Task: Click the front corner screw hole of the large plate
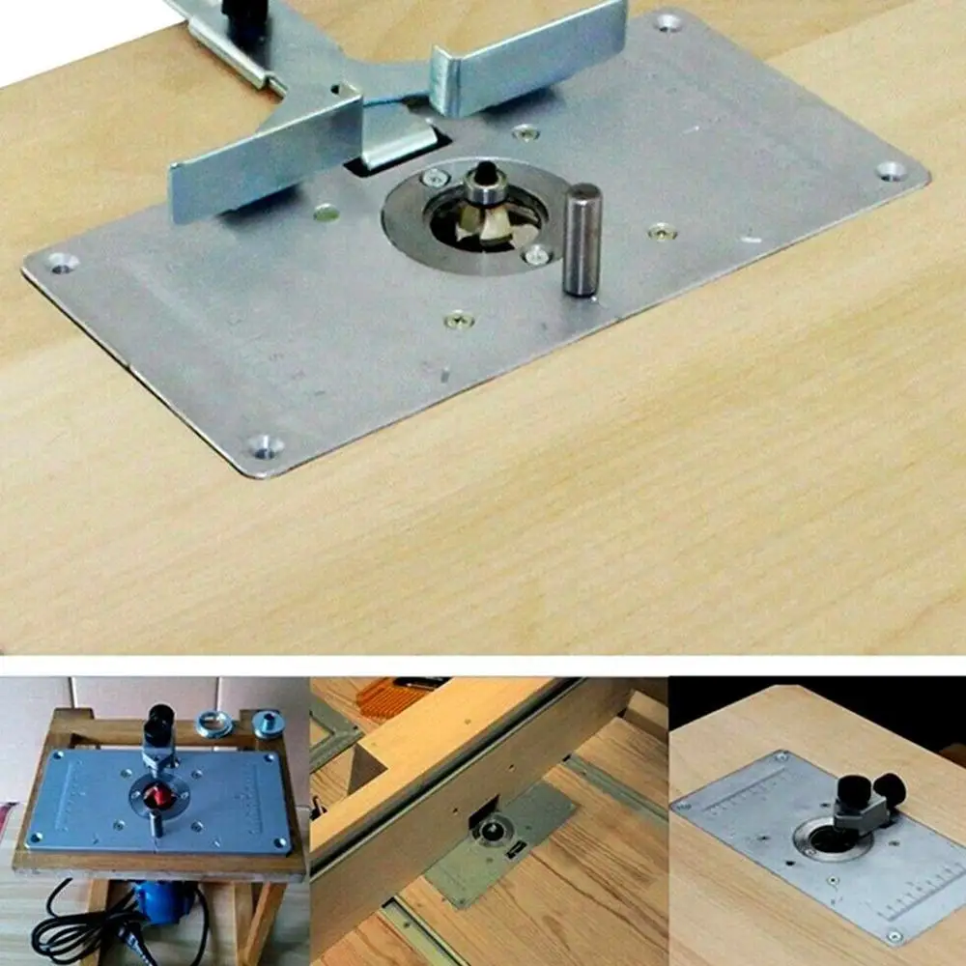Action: tap(263, 445)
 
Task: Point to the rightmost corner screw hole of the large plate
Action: tap(891, 171)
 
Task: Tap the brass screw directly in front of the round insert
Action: tap(459, 318)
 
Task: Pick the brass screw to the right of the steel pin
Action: tap(662, 231)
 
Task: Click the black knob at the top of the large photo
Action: tap(244, 12)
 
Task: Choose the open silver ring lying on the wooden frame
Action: tap(214, 723)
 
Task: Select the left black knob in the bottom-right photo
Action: tap(852, 790)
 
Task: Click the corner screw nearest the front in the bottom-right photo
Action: tap(894, 936)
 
